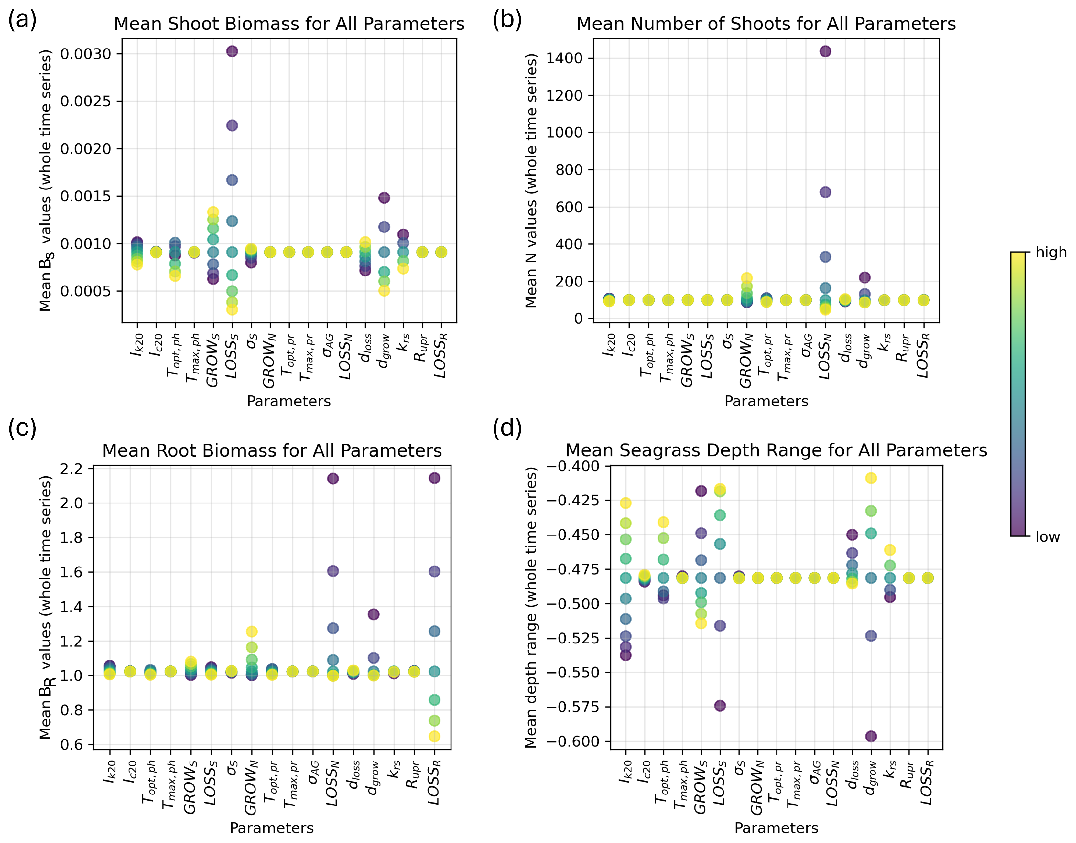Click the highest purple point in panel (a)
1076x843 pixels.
click(232, 51)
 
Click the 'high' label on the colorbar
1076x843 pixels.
click(1051, 252)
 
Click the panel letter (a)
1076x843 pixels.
click(22, 20)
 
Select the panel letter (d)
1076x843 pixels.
click(507, 428)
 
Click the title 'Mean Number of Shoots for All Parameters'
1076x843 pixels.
click(766, 24)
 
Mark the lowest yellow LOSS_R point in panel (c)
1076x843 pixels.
click(434, 736)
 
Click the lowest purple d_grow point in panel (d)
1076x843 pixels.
click(871, 736)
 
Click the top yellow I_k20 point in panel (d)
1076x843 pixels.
click(625, 503)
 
